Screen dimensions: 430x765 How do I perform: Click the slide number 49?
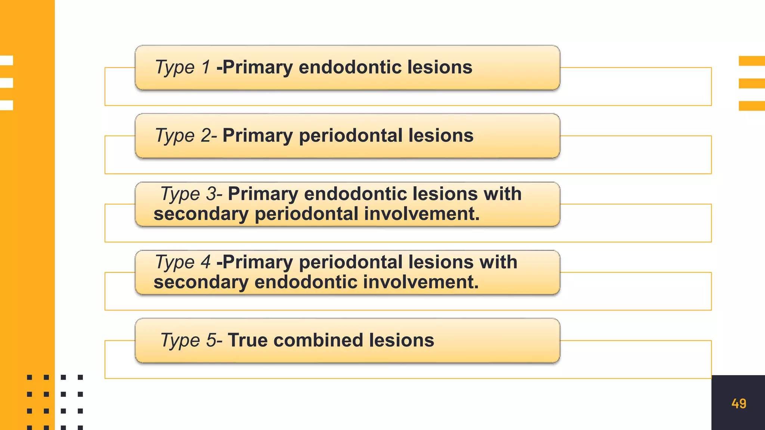coord(738,403)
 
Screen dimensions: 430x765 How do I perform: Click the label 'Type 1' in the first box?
coord(183,68)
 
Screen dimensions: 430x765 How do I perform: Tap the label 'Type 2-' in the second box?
coord(186,135)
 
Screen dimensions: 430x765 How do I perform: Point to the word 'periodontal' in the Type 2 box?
coord(350,135)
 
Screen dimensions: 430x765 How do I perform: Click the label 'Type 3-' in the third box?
coord(191,194)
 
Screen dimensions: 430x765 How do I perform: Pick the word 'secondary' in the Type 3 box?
coord(201,214)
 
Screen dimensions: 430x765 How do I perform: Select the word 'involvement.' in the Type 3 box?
coord(422,214)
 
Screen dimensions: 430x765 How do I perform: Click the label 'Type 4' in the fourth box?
coord(183,262)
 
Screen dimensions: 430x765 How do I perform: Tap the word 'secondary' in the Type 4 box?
coord(201,282)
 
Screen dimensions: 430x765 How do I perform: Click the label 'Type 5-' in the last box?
coord(191,340)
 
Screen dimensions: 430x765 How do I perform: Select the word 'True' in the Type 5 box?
coord(248,340)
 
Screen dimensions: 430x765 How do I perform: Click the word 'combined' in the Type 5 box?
coord(318,340)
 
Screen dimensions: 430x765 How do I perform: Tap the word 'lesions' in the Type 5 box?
coord(402,340)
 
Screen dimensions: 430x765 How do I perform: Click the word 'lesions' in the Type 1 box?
coord(440,67)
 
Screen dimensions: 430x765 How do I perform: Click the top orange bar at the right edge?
coord(752,61)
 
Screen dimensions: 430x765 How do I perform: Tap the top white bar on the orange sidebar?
coord(7,60)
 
